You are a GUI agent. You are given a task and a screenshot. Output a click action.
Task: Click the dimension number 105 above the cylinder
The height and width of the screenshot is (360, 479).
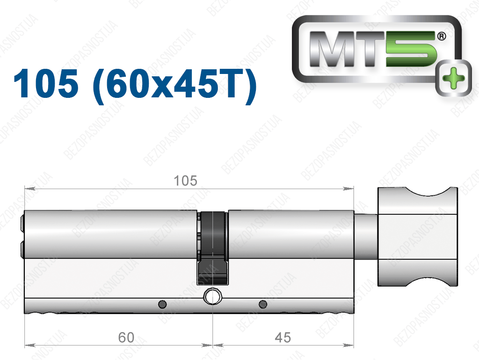click(185, 181)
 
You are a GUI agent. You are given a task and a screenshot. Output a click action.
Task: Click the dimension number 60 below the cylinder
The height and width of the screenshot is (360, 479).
click(126, 338)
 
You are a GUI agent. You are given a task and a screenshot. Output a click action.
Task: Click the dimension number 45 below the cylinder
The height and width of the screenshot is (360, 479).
click(283, 338)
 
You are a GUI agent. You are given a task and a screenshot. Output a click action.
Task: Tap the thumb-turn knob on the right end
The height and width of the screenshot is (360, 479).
click(418, 237)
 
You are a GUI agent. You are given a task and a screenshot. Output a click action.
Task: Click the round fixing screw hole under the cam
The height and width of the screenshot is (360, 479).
click(212, 296)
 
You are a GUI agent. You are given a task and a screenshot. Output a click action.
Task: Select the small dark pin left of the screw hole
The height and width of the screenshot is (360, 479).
click(162, 304)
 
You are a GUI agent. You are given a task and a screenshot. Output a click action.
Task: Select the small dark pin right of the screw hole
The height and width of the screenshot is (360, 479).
click(263, 304)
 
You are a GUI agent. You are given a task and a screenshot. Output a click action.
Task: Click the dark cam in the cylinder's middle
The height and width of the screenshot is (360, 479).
click(213, 248)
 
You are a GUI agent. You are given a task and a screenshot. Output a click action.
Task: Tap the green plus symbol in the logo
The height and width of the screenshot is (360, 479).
click(453, 78)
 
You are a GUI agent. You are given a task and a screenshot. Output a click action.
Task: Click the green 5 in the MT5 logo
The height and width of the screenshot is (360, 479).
click(410, 49)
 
